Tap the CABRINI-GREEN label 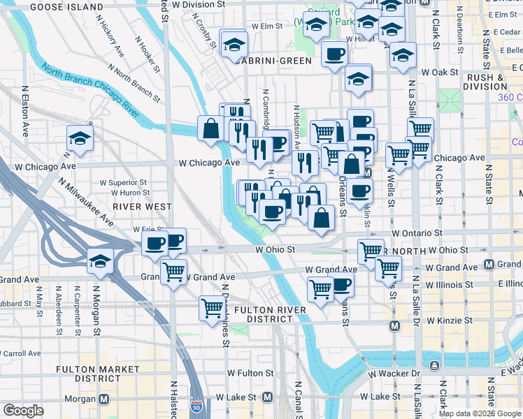point(273,61)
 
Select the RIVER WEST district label point(139,207)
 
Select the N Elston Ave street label point(26,111)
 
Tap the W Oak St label point(438,72)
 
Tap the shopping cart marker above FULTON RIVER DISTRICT point(211,307)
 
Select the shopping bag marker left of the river point(210,128)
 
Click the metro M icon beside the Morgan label point(105,399)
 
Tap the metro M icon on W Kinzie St point(394,325)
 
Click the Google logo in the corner point(23,411)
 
